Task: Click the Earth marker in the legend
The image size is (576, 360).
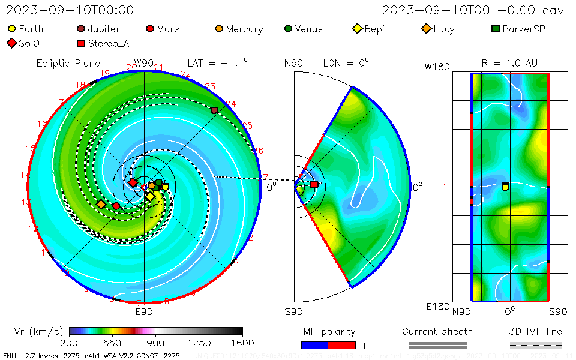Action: [11, 29]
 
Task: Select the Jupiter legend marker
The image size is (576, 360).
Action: [80, 29]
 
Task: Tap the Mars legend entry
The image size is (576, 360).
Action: [150, 29]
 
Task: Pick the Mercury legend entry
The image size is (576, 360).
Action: [220, 29]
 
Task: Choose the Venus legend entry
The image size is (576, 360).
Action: [289, 29]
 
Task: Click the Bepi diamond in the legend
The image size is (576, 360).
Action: [358, 29]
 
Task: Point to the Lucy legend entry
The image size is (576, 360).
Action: [427, 29]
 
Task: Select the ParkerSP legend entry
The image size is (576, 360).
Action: [496, 29]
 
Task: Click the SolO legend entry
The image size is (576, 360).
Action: [11, 43]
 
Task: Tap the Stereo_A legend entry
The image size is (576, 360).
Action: [80, 43]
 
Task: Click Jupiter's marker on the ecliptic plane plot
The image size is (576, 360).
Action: [214, 110]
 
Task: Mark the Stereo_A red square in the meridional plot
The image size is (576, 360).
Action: [314, 184]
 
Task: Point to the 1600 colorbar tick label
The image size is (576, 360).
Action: [242, 343]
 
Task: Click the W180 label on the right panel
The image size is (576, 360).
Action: [437, 67]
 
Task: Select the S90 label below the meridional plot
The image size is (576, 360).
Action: [293, 312]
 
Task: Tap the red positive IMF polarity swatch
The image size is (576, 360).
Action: [342, 345]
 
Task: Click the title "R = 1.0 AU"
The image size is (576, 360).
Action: [509, 63]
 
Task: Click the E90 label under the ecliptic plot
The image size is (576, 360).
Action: [144, 312]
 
